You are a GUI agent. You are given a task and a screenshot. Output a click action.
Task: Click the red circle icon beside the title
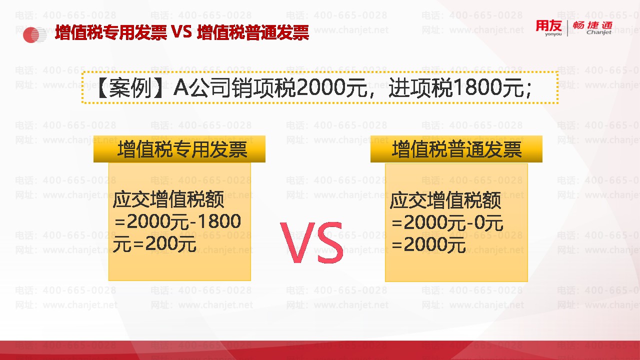[x=31, y=35]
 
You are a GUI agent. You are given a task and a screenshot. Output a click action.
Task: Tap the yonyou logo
[x=549, y=28]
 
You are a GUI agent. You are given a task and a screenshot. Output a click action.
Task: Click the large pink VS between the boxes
[x=311, y=242]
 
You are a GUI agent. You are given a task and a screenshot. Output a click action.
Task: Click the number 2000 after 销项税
[x=320, y=87]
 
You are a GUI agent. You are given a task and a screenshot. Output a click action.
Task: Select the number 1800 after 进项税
[x=477, y=87]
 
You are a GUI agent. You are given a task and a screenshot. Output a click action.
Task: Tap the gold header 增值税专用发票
[x=179, y=149]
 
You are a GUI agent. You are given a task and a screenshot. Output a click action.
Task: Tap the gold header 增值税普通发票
[x=456, y=149]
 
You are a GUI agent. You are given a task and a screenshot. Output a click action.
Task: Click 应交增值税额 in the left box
[x=168, y=199]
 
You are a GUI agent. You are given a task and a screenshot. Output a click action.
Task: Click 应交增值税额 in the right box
[x=445, y=200]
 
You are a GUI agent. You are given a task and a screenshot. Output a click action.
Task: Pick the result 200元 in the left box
[x=171, y=244]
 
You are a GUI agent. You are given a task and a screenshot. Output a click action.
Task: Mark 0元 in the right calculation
[x=488, y=223]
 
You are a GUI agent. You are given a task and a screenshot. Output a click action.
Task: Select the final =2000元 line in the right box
[x=428, y=245]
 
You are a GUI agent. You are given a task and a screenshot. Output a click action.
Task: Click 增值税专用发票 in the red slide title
[x=111, y=32]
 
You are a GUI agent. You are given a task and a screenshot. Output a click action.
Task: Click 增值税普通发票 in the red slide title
[x=253, y=32]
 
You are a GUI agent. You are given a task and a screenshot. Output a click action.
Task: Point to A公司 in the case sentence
[x=201, y=87]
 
